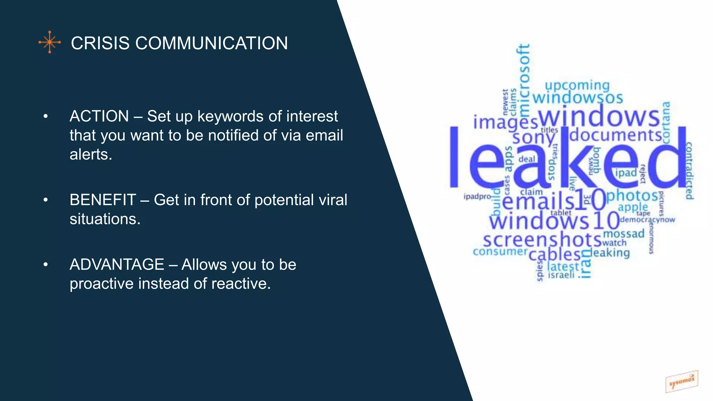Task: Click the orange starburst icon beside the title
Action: click(x=50, y=42)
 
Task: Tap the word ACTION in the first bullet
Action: click(x=99, y=116)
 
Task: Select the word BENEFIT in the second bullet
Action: click(x=103, y=200)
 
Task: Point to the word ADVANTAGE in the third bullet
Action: click(x=117, y=265)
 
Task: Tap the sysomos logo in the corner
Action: click(x=682, y=382)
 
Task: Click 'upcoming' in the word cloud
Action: click(x=577, y=86)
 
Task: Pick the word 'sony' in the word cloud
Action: click(x=533, y=138)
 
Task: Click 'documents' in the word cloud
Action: click(x=616, y=135)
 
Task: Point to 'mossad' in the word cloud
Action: click(x=624, y=234)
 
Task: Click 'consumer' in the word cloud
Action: click(x=500, y=251)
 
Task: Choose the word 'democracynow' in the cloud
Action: click(x=647, y=220)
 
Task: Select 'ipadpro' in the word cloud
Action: click(x=477, y=197)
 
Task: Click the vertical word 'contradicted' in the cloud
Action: click(x=689, y=171)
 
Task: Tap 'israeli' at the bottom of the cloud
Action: click(x=561, y=275)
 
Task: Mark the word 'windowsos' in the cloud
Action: click(x=578, y=98)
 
